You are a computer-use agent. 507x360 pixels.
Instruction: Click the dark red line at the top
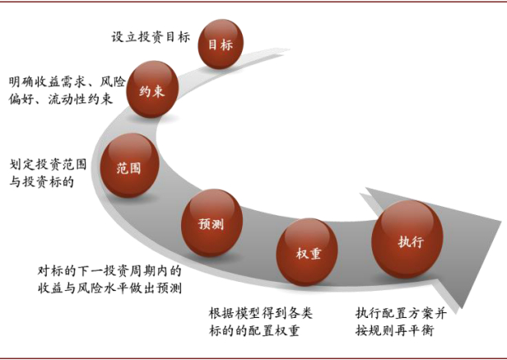253,3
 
